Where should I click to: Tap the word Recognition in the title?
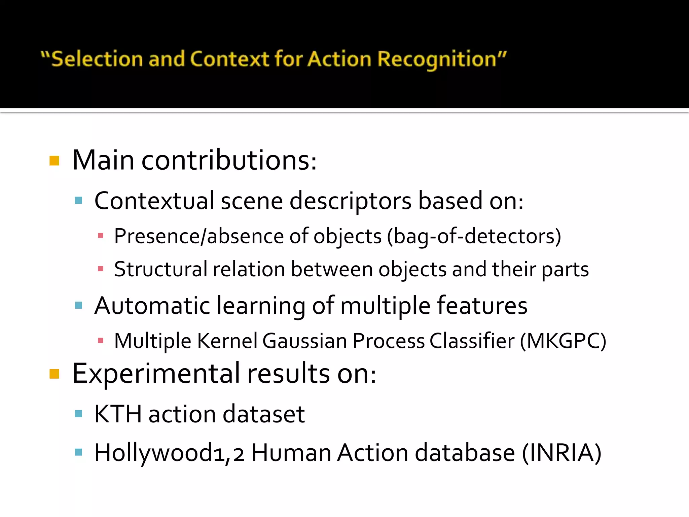tap(437, 59)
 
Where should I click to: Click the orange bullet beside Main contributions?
tap(54, 161)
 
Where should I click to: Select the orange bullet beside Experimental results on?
tap(54, 374)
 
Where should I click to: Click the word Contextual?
tap(154, 201)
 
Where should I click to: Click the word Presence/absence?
tap(199, 236)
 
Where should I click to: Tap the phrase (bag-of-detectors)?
tap(474, 236)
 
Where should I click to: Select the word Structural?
tap(160, 269)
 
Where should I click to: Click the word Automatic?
tap(152, 306)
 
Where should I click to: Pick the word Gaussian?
tap(304, 341)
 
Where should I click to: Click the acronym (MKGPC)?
tap(563, 341)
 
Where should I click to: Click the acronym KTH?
tap(118, 414)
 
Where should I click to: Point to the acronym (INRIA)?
tap(561, 453)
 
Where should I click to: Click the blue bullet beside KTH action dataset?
tap(79, 414)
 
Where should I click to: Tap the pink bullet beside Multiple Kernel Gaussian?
tap(100, 341)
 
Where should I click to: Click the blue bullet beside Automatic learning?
tap(79, 306)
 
